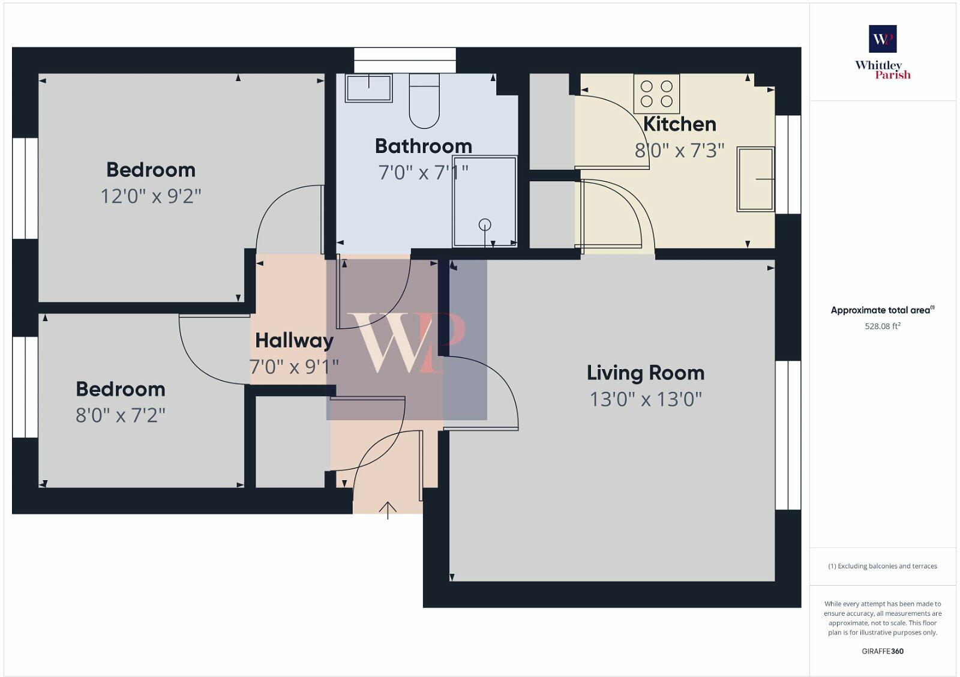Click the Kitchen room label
point(679,124)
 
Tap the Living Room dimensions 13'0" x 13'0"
point(646,399)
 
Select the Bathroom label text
point(423,146)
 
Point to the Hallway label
point(294,340)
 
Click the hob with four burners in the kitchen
point(656,94)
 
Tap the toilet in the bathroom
point(424,101)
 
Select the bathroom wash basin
point(368,88)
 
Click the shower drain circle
point(485,224)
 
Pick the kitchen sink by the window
point(755,179)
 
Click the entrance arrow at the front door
point(388,510)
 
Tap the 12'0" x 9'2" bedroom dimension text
point(151,196)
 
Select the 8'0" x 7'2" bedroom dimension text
point(120,415)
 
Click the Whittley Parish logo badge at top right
point(883,40)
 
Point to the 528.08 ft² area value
point(882,326)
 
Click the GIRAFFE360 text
point(883,651)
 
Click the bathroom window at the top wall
point(405,54)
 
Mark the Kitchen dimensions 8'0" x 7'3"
point(679,150)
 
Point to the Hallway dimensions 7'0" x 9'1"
point(294,366)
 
